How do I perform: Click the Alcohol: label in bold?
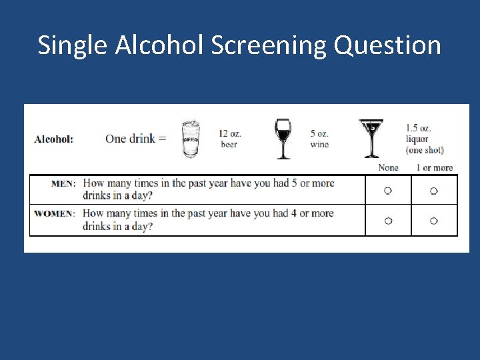click(x=54, y=139)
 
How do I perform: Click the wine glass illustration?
click(x=283, y=139)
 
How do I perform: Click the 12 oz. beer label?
click(x=230, y=139)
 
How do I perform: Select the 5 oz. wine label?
click(x=319, y=139)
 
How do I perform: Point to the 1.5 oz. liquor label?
click(x=424, y=139)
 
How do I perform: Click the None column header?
click(x=388, y=168)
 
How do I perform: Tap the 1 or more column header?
click(x=434, y=168)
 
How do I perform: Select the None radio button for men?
click(x=388, y=191)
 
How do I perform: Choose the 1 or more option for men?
click(x=434, y=191)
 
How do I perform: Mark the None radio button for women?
click(x=388, y=221)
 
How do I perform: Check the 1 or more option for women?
click(x=434, y=221)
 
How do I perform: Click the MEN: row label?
click(x=64, y=183)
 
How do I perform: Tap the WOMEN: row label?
click(x=55, y=214)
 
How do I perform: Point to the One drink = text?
click(x=136, y=139)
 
